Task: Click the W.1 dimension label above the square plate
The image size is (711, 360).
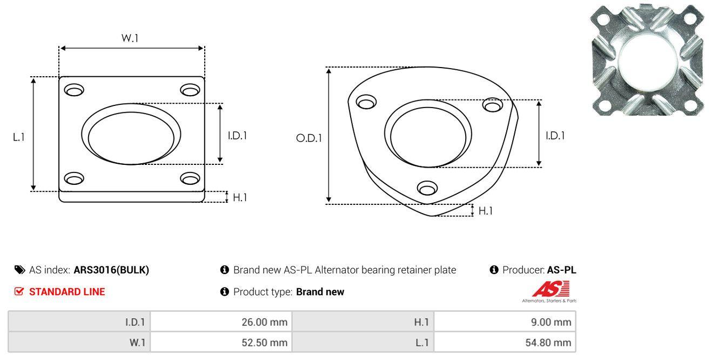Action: [x=130, y=38]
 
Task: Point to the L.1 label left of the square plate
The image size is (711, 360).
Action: [x=19, y=137]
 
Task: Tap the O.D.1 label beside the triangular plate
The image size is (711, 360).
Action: [x=309, y=138]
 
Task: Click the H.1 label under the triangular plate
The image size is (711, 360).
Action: [x=485, y=211]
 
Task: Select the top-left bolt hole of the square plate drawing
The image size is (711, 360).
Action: [x=74, y=90]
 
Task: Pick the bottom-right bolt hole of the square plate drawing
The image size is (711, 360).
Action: [x=190, y=178]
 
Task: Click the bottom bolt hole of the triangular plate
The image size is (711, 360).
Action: [x=427, y=188]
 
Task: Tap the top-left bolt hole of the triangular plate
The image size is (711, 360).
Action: [x=366, y=102]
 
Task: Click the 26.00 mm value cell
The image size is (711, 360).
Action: [x=221, y=322]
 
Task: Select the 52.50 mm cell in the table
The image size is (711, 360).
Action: [x=221, y=343]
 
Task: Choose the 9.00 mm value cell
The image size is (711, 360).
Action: [x=505, y=322]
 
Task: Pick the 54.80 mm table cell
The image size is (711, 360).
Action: [x=505, y=343]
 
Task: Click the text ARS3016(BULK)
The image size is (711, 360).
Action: [x=111, y=270]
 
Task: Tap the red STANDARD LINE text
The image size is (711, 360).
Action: [x=67, y=292]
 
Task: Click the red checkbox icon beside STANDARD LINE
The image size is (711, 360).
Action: [x=19, y=291]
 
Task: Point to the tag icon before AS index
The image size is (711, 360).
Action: [x=19, y=270]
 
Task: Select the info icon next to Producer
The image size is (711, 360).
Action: [x=494, y=270]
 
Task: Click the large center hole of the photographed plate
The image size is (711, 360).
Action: [x=647, y=61]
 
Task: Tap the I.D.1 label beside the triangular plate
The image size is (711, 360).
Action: [x=555, y=136]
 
